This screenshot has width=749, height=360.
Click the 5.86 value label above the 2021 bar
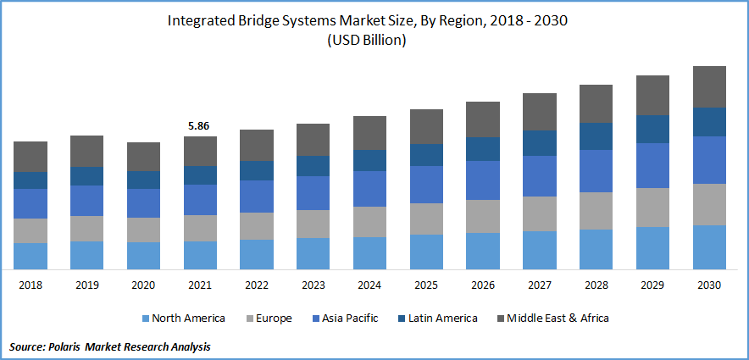pyautogui.click(x=199, y=126)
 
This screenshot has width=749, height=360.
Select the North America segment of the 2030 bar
pyautogui.click(x=710, y=246)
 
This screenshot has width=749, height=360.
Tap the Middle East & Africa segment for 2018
pyautogui.click(x=31, y=157)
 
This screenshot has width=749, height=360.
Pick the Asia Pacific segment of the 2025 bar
pyautogui.click(x=426, y=184)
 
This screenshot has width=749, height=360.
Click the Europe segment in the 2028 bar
pyautogui.click(x=596, y=211)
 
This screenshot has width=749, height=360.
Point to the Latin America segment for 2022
pyautogui.click(x=257, y=170)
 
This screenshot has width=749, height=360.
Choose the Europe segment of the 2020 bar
pyautogui.click(x=143, y=230)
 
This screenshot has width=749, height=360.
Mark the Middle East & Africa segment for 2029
pyautogui.click(x=653, y=95)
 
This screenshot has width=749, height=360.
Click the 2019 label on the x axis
pyautogui.click(x=86, y=285)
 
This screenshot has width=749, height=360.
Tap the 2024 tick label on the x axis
pyautogui.click(x=369, y=285)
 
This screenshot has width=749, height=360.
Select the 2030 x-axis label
pyautogui.click(x=710, y=285)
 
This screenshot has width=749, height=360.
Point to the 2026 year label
pyautogui.click(x=483, y=285)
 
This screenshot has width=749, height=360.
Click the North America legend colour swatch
pyautogui.click(x=146, y=318)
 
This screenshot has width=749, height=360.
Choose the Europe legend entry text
pyautogui.click(x=274, y=318)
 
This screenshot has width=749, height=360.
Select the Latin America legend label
pyautogui.click(x=441, y=318)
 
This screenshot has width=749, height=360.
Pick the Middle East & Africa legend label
pyautogui.click(x=557, y=318)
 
